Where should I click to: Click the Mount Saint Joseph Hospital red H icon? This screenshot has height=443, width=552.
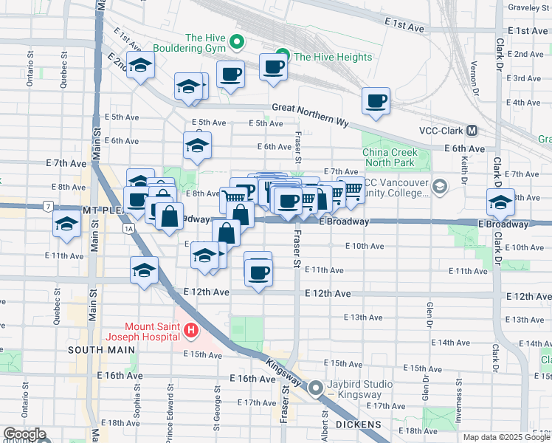pyautogui.click(x=191, y=331)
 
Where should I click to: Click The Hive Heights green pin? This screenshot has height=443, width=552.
pyautogui.click(x=280, y=56)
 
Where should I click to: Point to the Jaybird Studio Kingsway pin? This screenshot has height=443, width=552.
pyautogui.click(x=317, y=386)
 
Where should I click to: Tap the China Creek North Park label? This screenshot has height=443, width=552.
pyautogui.click(x=390, y=158)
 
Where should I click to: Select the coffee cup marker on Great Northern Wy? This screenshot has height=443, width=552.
pyautogui.click(x=376, y=101)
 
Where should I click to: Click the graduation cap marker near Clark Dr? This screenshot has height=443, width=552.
pyautogui.click(x=500, y=202)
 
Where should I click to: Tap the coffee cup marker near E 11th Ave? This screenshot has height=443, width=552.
pyautogui.click(x=258, y=272)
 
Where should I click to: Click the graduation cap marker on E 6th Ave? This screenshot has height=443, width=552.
pyautogui.click(x=197, y=146)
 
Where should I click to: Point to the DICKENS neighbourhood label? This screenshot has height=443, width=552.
pyautogui.click(x=357, y=425)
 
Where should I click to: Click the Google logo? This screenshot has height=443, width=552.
pyautogui.click(x=25, y=435)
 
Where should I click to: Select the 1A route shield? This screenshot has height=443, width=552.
pyautogui.click(x=129, y=229)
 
